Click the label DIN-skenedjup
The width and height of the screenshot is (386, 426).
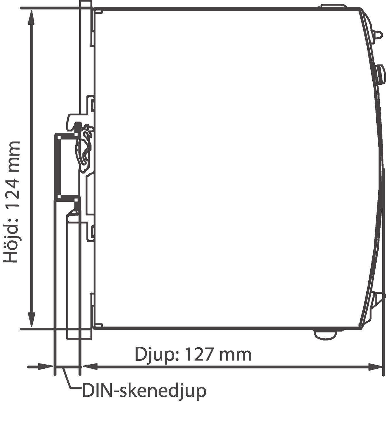(x=144, y=391)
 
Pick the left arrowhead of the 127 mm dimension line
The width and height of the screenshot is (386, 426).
(x=89, y=367)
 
